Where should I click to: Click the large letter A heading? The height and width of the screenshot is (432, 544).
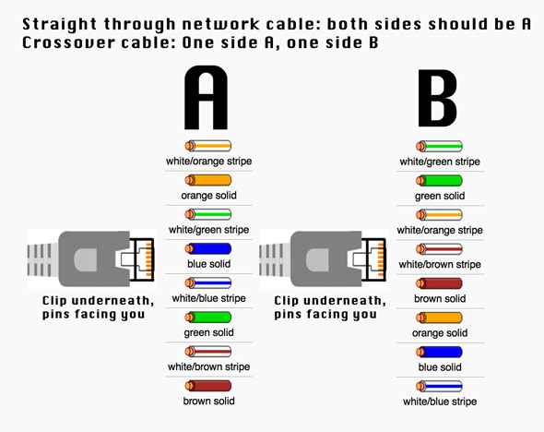207,98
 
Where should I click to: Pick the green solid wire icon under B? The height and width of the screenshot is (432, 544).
439,180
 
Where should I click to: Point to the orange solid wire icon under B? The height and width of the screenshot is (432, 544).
439,318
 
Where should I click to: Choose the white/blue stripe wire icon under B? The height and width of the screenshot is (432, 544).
439,385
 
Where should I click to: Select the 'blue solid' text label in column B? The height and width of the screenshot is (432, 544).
439,366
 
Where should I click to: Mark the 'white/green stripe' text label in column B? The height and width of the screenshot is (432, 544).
439,162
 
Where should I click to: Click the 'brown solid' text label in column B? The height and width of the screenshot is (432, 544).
439,298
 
